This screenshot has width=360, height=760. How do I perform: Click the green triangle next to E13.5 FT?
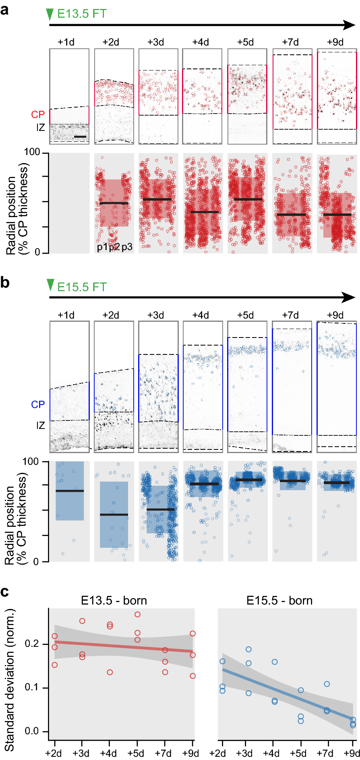(50, 14)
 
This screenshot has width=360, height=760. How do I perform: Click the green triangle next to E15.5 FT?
(50, 285)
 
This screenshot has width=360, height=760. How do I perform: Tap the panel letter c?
(5, 592)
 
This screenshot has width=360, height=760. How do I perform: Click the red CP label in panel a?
(38, 115)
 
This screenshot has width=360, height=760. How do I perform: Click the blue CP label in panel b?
(38, 404)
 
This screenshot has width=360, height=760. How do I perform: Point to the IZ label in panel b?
(40, 425)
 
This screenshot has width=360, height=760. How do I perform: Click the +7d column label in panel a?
(290, 42)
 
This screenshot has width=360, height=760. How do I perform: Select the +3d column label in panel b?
(155, 315)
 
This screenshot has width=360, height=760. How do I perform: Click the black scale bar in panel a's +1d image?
(80, 137)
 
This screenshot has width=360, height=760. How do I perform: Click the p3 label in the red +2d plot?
(127, 247)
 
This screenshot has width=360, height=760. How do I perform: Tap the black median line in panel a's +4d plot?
(205, 212)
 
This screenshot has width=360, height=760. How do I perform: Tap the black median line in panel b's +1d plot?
(70, 491)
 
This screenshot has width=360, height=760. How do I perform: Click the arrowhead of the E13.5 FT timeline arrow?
(349, 25)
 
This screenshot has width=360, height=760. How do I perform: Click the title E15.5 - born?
(279, 601)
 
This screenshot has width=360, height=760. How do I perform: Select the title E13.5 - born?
(114, 601)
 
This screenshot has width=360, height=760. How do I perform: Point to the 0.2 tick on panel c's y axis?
(32, 644)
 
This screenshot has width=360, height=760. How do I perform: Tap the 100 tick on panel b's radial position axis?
(31, 462)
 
